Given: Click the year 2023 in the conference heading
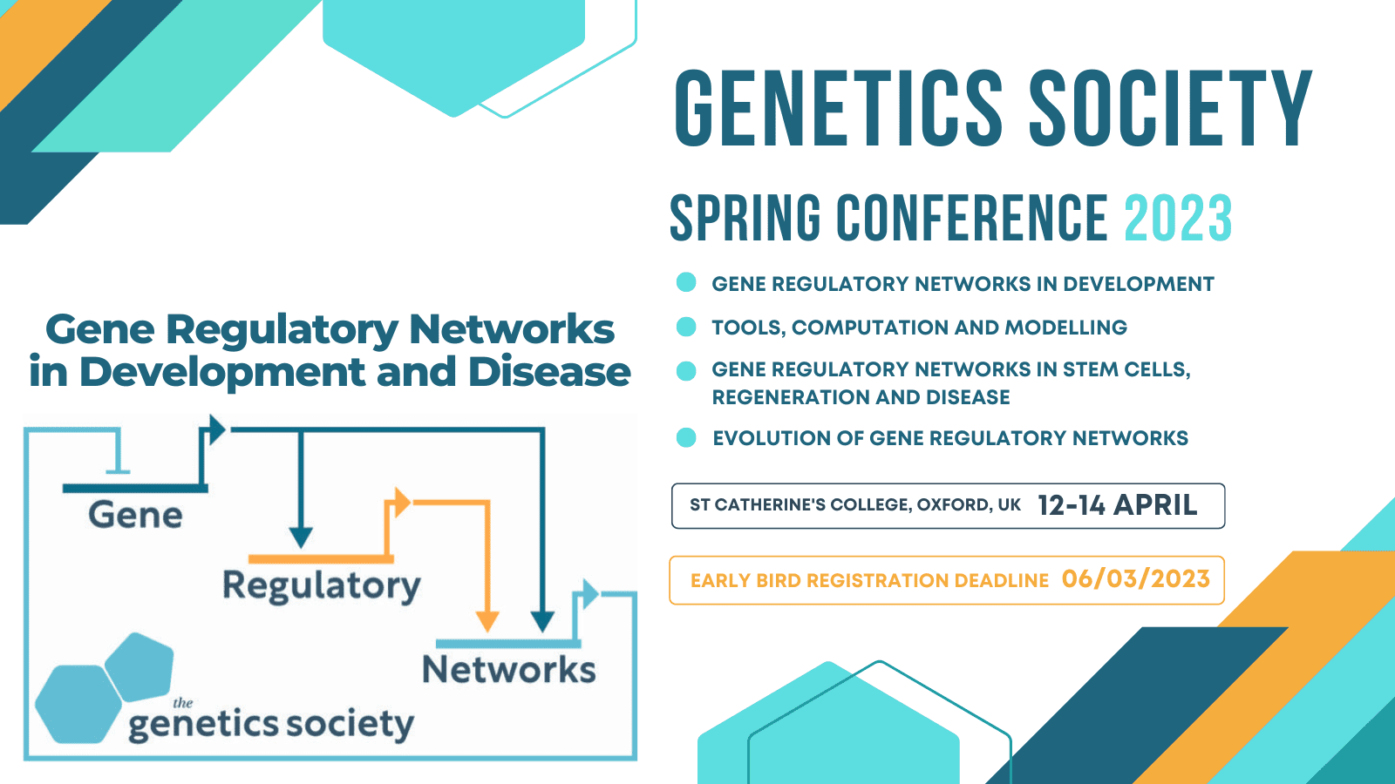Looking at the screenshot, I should click(x=1177, y=219).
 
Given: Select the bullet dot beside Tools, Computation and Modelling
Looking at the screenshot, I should click(x=686, y=327).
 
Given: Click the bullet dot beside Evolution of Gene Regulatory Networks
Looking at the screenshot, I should click(x=686, y=437).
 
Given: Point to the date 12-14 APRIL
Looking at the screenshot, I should click(x=1117, y=505).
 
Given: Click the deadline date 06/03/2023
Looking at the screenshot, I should click(x=1135, y=579).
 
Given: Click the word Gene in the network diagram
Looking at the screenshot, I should click(x=135, y=515).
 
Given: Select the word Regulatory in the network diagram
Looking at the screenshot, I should click(x=321, y=585).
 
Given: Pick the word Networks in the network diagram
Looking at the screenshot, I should click(x=508, y=670).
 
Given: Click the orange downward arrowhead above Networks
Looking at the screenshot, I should click(x=487, y=620).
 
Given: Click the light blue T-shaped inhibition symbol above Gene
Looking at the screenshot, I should click(x=118, y=462).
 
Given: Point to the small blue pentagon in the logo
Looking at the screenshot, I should click(x=141, y=666).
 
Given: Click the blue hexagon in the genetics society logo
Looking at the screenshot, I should click(x=77, y=704).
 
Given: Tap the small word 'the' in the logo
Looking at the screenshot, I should click(x=182, y=703).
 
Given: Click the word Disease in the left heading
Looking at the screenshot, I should click(x=548, y=372).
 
